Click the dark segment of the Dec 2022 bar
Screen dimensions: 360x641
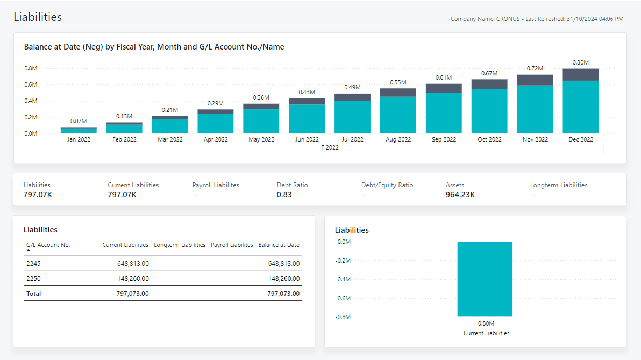tap(580, 75)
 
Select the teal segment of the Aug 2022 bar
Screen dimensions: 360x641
tap(398, 115)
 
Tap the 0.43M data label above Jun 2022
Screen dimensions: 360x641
tap(307, 92)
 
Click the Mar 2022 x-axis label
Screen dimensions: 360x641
tap(170, 139)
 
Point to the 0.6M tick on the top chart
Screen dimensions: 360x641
tap(30, 84)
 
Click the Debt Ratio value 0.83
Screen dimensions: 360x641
tap(284, 195)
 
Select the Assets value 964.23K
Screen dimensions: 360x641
tap(460, 195)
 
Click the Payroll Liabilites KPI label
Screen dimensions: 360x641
tap(216, 185)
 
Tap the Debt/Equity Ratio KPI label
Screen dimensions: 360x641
tap(387, 185)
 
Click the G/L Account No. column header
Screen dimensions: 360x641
tap(48, 245)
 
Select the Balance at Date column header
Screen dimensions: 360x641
tap(279, 245)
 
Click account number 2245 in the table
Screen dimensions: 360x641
tap(33, 264)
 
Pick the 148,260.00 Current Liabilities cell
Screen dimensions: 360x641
tap(133, 279)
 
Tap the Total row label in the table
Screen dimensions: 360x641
tap(33, 294)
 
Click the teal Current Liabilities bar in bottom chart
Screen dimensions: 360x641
tap(485, 279)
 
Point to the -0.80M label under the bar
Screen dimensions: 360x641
tap(485, 323)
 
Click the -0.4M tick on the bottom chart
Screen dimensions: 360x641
tap(343, 279)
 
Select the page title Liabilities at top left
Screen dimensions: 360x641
tap(38, 17)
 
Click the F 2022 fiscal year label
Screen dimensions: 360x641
tap(330, 147)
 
